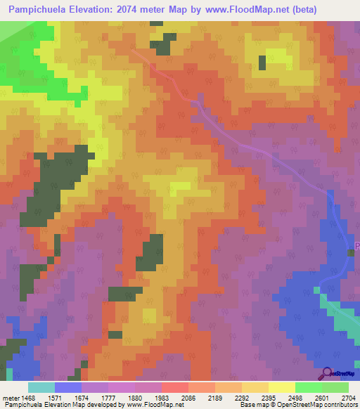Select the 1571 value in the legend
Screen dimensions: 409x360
pos(63,398)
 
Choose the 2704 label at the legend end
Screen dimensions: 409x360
pos(347,398)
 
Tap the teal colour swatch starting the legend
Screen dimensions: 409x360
pos(41,387)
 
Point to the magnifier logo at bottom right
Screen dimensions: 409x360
pos(327,373)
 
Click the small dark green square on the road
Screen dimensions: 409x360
pos(351,253)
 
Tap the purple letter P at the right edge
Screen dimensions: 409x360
pos(356,246)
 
